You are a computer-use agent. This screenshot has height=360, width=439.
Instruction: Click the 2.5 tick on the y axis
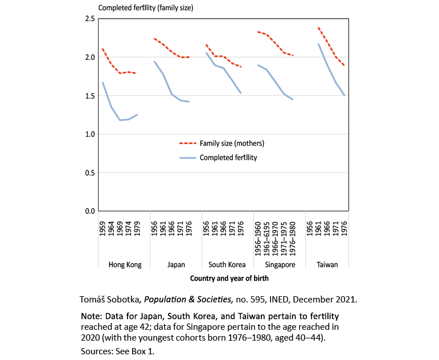coord(89,19)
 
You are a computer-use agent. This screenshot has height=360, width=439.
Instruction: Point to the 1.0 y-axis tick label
coord(89,134)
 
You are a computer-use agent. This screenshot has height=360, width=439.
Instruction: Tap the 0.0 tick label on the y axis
coord(89,211)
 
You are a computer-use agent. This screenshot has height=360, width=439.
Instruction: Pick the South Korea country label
coord(227,264)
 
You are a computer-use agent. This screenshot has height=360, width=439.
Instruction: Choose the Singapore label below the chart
coord(279,264)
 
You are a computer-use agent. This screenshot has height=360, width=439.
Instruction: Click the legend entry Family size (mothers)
coord(232,144)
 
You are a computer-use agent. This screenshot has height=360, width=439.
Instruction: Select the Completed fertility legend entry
coord(228,157)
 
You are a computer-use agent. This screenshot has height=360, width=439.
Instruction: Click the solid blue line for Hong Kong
coord(112,107)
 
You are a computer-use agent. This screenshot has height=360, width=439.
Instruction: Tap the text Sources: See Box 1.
coord(118,351)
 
